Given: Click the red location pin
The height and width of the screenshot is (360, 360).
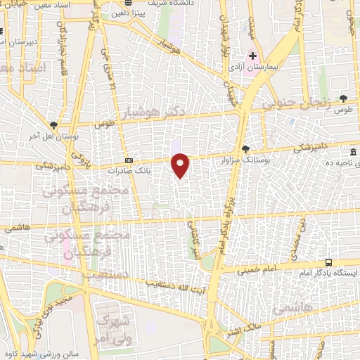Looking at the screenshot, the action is click(181, 166).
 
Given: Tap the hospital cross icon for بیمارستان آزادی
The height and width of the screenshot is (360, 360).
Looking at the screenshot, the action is click(253, 56).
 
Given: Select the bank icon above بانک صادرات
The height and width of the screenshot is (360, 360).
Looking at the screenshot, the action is click(129, 160).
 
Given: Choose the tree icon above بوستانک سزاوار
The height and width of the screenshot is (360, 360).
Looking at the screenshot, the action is click(245, 148).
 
